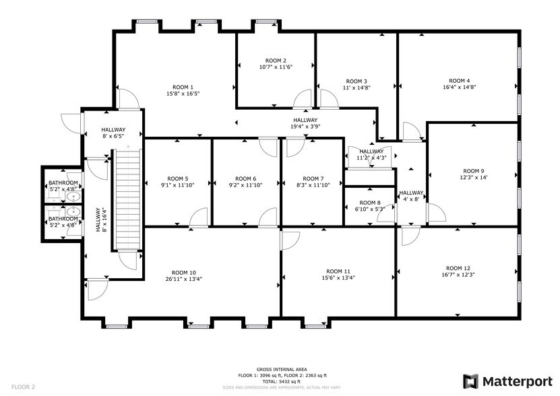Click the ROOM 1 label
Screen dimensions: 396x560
pyautogui.click(x=183, y=87)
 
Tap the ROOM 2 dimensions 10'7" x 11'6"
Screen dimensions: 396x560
pyautogui.click(x=276, y=67)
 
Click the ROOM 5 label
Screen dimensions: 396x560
pyautogui.click(x=177, y=178)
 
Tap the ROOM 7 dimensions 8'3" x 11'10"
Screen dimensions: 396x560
pyautogui.click(x=313, y=185)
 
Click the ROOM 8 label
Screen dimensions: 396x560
pyautogui.click(x=369, y=203)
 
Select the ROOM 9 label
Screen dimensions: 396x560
pyautogui.click(x=473, y=171)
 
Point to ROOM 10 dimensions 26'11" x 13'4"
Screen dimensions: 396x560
pyautogui.click(x=184, y=279)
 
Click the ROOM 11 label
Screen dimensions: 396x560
pyautogui.click(x=338, y=271)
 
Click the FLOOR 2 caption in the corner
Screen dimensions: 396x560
pyautogui.click(x=23, y=387)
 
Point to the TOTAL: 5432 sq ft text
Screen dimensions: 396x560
pyautogui.click(x=282, y=381)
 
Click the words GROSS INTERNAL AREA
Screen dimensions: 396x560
pyautogui.click(x=282, y=370)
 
